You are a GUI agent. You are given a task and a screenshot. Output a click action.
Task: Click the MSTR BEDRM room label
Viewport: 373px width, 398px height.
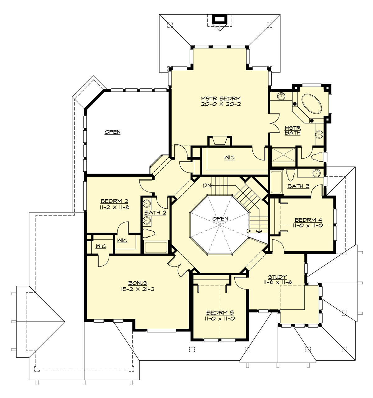pyautogui.click(x=221, y=99)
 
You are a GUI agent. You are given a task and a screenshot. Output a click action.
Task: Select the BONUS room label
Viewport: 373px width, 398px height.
pyautogui.click(x=137, y=283)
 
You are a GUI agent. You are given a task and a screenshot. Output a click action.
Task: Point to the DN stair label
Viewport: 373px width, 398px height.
pyautogui.click(x=207, y=186)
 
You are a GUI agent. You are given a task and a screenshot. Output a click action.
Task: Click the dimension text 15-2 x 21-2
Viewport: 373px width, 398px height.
pyautogui.click(x=137, y=289)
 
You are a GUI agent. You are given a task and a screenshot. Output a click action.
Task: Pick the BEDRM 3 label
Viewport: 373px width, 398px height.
pyautogui.click(x=220, y=312)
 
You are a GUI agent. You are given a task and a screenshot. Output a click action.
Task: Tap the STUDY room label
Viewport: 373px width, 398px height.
pyautogui.click(x=277, y=277)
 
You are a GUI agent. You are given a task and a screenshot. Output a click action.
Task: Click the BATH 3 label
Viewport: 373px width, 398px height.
pyautogui.click(x=298, y=186)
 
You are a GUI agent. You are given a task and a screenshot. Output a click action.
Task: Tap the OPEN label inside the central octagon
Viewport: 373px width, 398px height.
pyautogui.click(x=220, y=219)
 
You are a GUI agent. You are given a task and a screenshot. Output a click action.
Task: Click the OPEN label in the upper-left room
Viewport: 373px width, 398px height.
pyautogui.click(x=113, y=132)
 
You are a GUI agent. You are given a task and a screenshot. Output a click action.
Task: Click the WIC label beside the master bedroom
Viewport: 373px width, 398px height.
pyautogui.click(x=229, y=158)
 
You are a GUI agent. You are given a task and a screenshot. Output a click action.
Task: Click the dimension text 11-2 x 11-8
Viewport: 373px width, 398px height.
pyautogui.click(x=114, y=207)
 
